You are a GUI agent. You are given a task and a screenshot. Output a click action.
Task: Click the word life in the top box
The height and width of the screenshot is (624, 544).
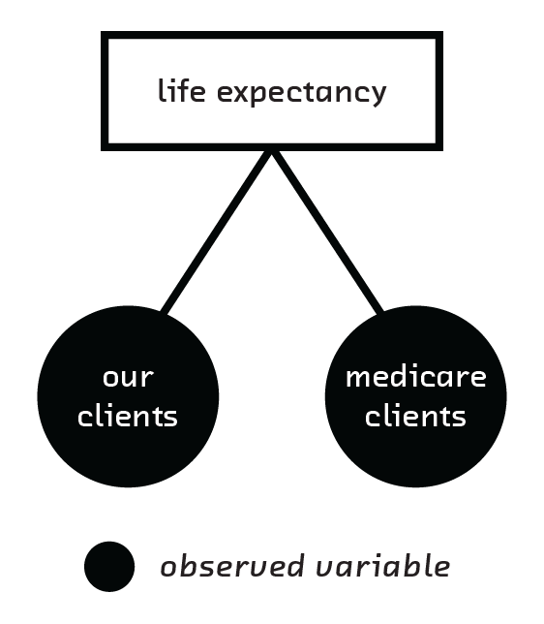tap(182, 90)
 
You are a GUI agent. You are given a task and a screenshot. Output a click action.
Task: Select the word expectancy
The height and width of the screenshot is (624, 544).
tap(301, 94)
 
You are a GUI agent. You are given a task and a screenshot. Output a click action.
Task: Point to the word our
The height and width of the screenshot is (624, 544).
tap(128, 377)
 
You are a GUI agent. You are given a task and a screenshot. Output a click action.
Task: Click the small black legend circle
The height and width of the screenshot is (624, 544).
tap(109, 566)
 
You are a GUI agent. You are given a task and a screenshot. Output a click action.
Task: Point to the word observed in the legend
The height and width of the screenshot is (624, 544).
tap(232, 566)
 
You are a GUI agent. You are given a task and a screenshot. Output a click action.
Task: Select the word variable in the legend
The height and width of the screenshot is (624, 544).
tap(383, 566)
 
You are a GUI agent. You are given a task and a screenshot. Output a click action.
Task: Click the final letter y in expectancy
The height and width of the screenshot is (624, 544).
tap(377, 96)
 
